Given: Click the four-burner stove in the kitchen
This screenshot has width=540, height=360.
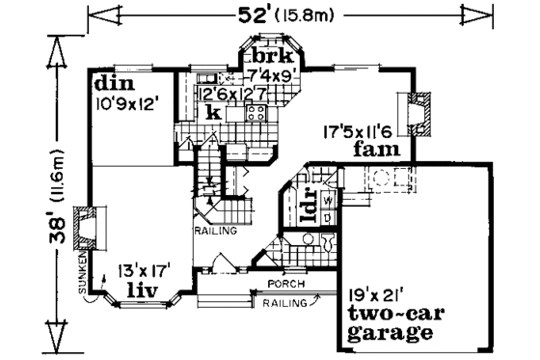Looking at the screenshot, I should [256, 113].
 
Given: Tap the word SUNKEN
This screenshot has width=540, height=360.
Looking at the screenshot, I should [84, 273].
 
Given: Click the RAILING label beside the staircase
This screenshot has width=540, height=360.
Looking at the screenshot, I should [209, 233].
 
